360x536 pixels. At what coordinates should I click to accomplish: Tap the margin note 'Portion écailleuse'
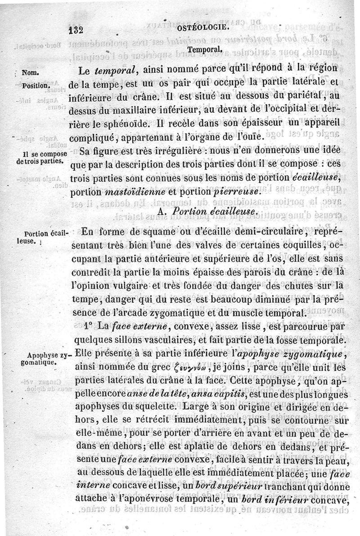point(46,237)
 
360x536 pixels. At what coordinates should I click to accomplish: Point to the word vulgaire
point(130,286)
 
